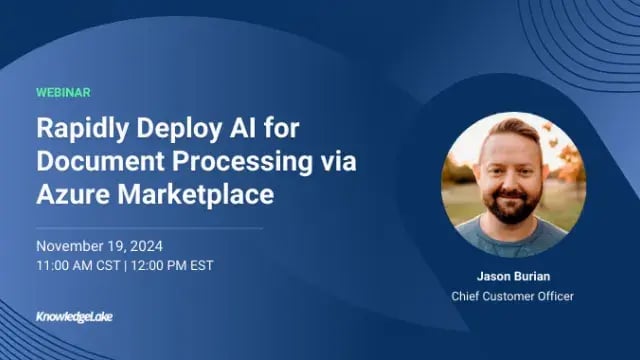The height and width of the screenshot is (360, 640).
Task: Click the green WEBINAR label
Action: pos(63,92)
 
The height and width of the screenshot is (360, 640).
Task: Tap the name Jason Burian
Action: pos(513,277)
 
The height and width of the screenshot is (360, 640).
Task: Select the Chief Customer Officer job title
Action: pos(513,296)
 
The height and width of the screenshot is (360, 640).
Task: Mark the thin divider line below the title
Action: pos(150,228)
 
